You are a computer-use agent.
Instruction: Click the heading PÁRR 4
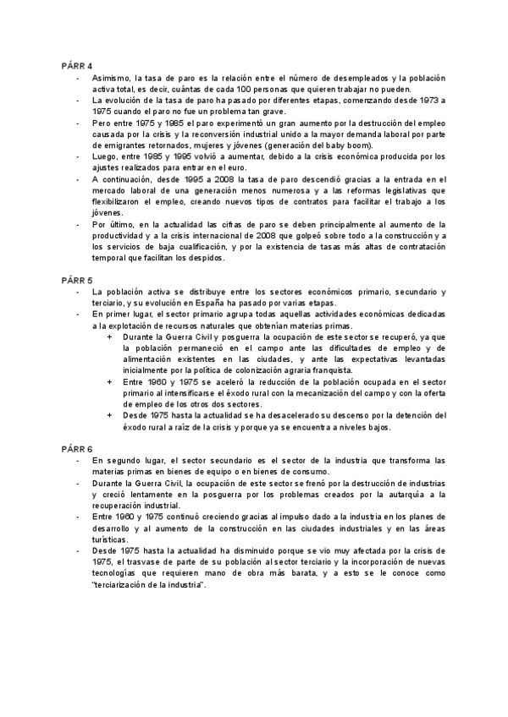(x=77, y=65)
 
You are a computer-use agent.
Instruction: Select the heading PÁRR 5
(x=77, y=277)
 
